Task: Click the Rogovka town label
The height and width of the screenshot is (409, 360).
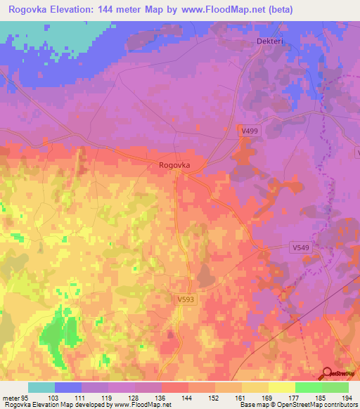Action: point(175,165)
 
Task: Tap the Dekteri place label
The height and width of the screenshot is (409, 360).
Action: point(267,42)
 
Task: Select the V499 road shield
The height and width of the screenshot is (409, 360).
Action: point(250,131)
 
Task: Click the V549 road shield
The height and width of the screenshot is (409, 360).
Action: point(301,247)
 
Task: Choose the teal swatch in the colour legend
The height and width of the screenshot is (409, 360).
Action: point(41,387)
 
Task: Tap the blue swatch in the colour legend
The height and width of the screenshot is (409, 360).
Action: point(68,387)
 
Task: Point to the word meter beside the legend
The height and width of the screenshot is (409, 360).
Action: point(11,398)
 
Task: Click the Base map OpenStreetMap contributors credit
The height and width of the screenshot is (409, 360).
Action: point(297,405)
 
